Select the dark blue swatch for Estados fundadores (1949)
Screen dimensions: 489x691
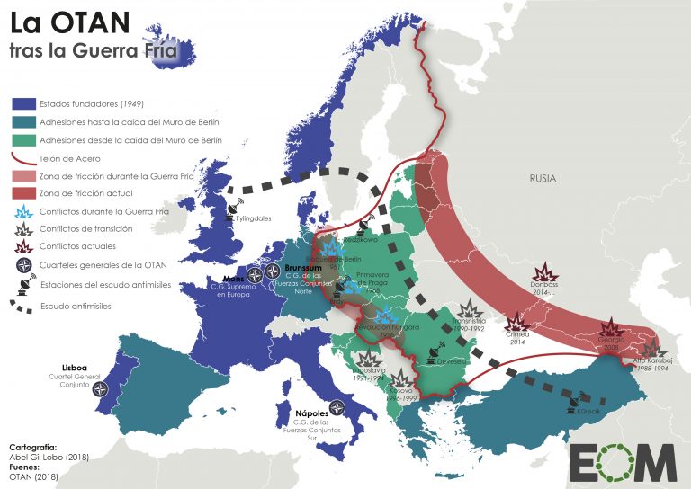tap(23, 103)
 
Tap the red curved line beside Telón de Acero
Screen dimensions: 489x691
tap(23, 158)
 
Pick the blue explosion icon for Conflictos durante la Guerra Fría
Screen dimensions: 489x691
tap(23, 211)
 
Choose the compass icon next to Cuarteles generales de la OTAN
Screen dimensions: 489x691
tap(23, 266)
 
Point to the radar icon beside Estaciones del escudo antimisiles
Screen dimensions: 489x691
tap(23, 285)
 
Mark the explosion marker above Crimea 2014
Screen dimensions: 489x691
tap(516, 321)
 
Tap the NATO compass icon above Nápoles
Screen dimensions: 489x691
tap(337, 407)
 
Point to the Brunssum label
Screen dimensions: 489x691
tap(302, 267)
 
